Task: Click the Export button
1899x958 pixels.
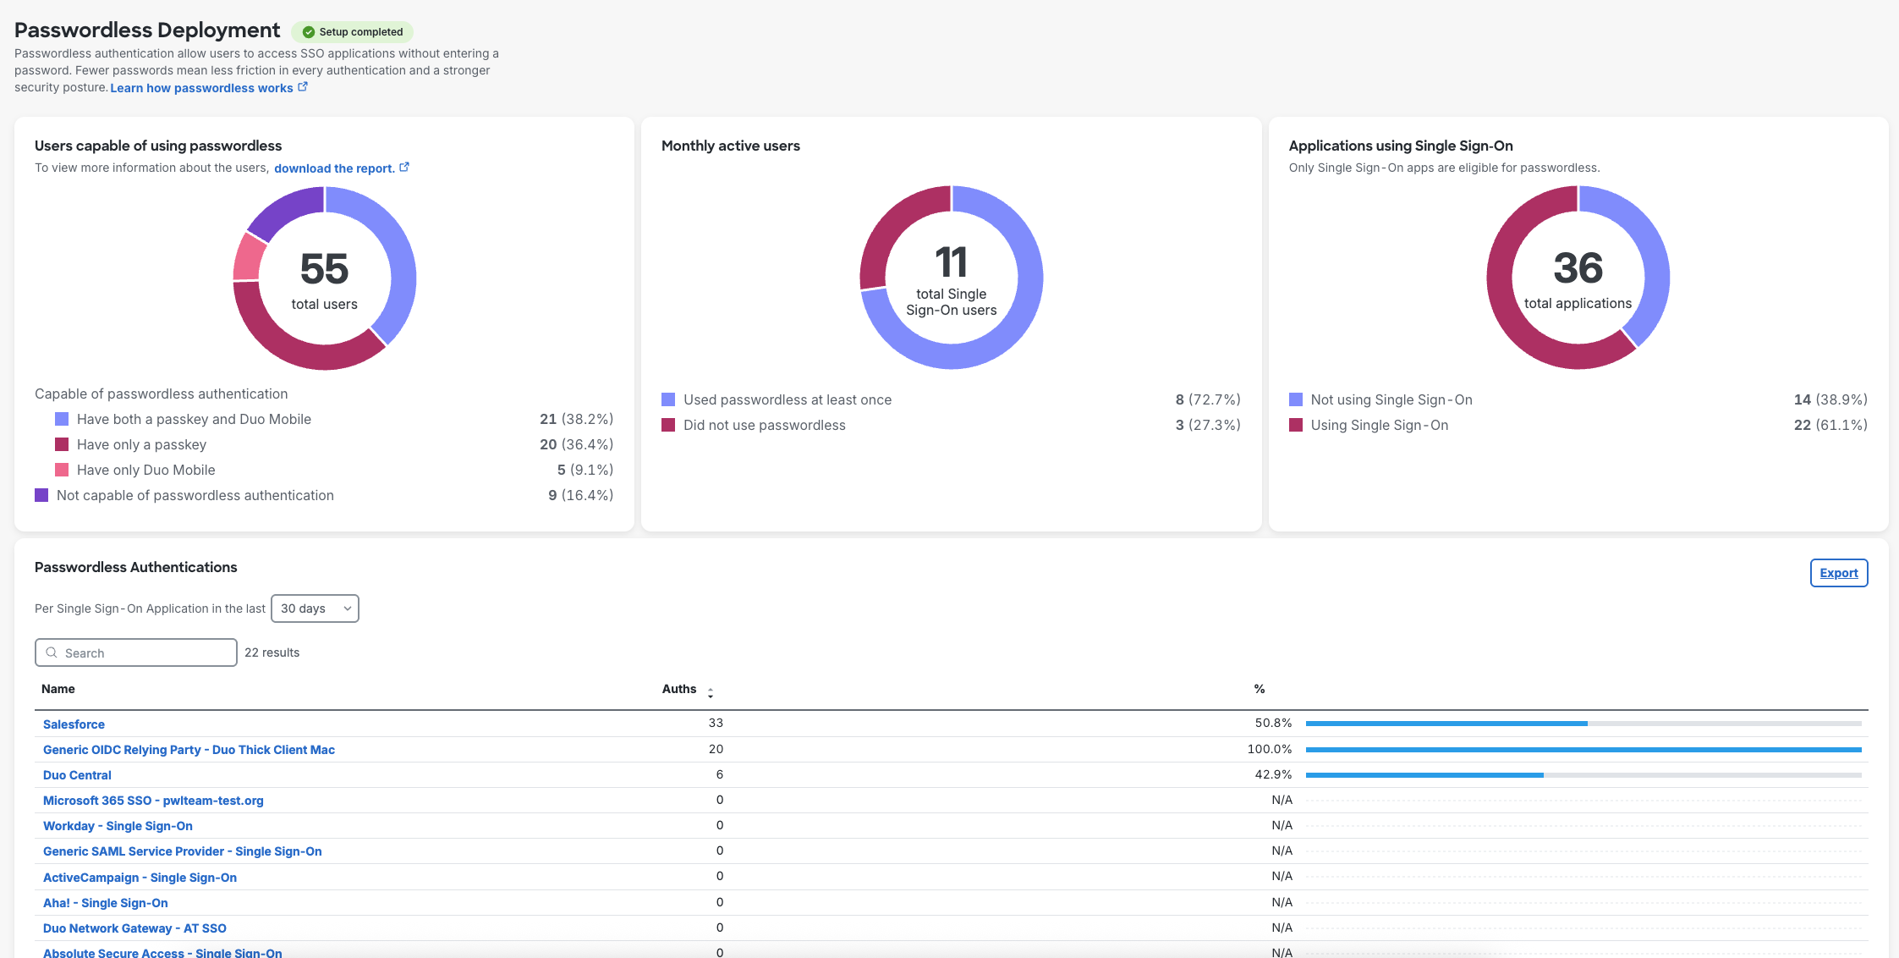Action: click(1838, 573)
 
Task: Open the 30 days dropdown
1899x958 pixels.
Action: click(315, 608)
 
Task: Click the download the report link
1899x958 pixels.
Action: click(334, 168)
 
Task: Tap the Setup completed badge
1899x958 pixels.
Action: click(353, 32)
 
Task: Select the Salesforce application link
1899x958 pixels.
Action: click(74, 724)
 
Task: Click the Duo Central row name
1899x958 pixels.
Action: click(77, 775)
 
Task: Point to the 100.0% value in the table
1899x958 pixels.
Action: click(1269, 749)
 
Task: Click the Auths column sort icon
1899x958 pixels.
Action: click(711, 691)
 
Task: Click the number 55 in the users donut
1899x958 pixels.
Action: click(324, 269)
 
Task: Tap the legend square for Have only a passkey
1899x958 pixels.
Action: click(62, 444)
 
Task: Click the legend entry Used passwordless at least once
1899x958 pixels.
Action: click(787, 399)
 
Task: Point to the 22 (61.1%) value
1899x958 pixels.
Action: click(1830, 425)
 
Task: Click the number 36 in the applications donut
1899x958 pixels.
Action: click(1578, 268)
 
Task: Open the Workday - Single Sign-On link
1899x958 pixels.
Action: click(118, 826)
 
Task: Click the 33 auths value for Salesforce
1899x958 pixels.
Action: click(716, 723)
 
